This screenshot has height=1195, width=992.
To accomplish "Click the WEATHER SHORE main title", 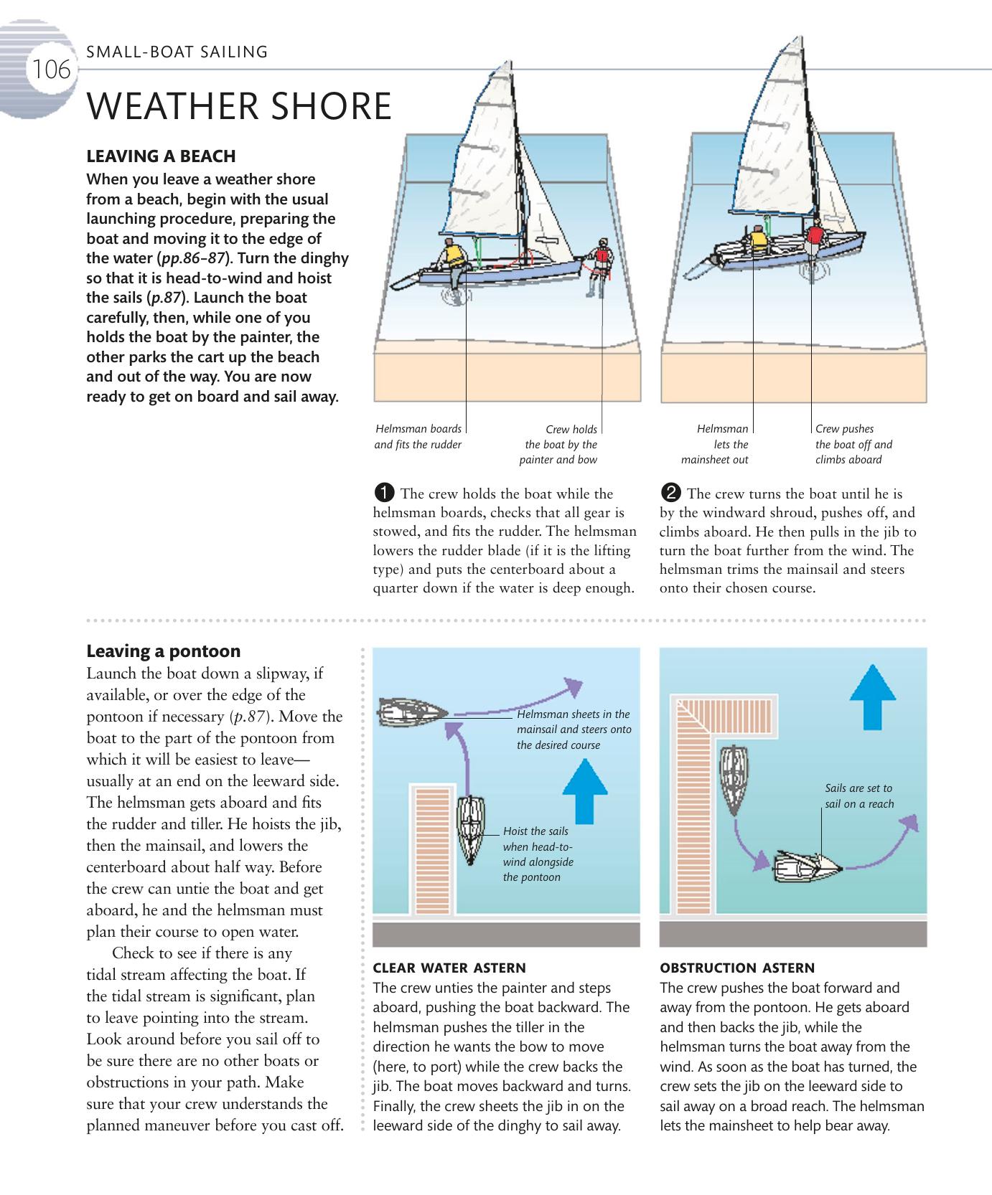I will [239, 106].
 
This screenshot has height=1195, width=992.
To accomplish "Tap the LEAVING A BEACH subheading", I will [161, 156].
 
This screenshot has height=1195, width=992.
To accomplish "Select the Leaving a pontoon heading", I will [163, 651].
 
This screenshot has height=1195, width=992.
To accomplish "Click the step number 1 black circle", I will [384, 493].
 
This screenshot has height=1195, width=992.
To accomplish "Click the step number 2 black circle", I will [670, 493].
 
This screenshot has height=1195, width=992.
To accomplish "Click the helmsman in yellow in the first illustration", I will [453, 256].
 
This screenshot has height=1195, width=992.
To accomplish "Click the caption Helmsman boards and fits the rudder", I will [418, 437].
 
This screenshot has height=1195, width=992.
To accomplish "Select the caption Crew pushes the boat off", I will [853, 444].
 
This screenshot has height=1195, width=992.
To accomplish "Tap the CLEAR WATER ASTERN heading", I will [449, 968].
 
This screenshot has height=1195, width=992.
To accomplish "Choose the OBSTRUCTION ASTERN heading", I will [737, 968].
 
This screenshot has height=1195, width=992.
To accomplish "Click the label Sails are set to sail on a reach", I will [859, 795].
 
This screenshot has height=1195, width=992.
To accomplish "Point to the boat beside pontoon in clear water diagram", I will [470, 828].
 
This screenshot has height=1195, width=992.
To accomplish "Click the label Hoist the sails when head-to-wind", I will [538, 854].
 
